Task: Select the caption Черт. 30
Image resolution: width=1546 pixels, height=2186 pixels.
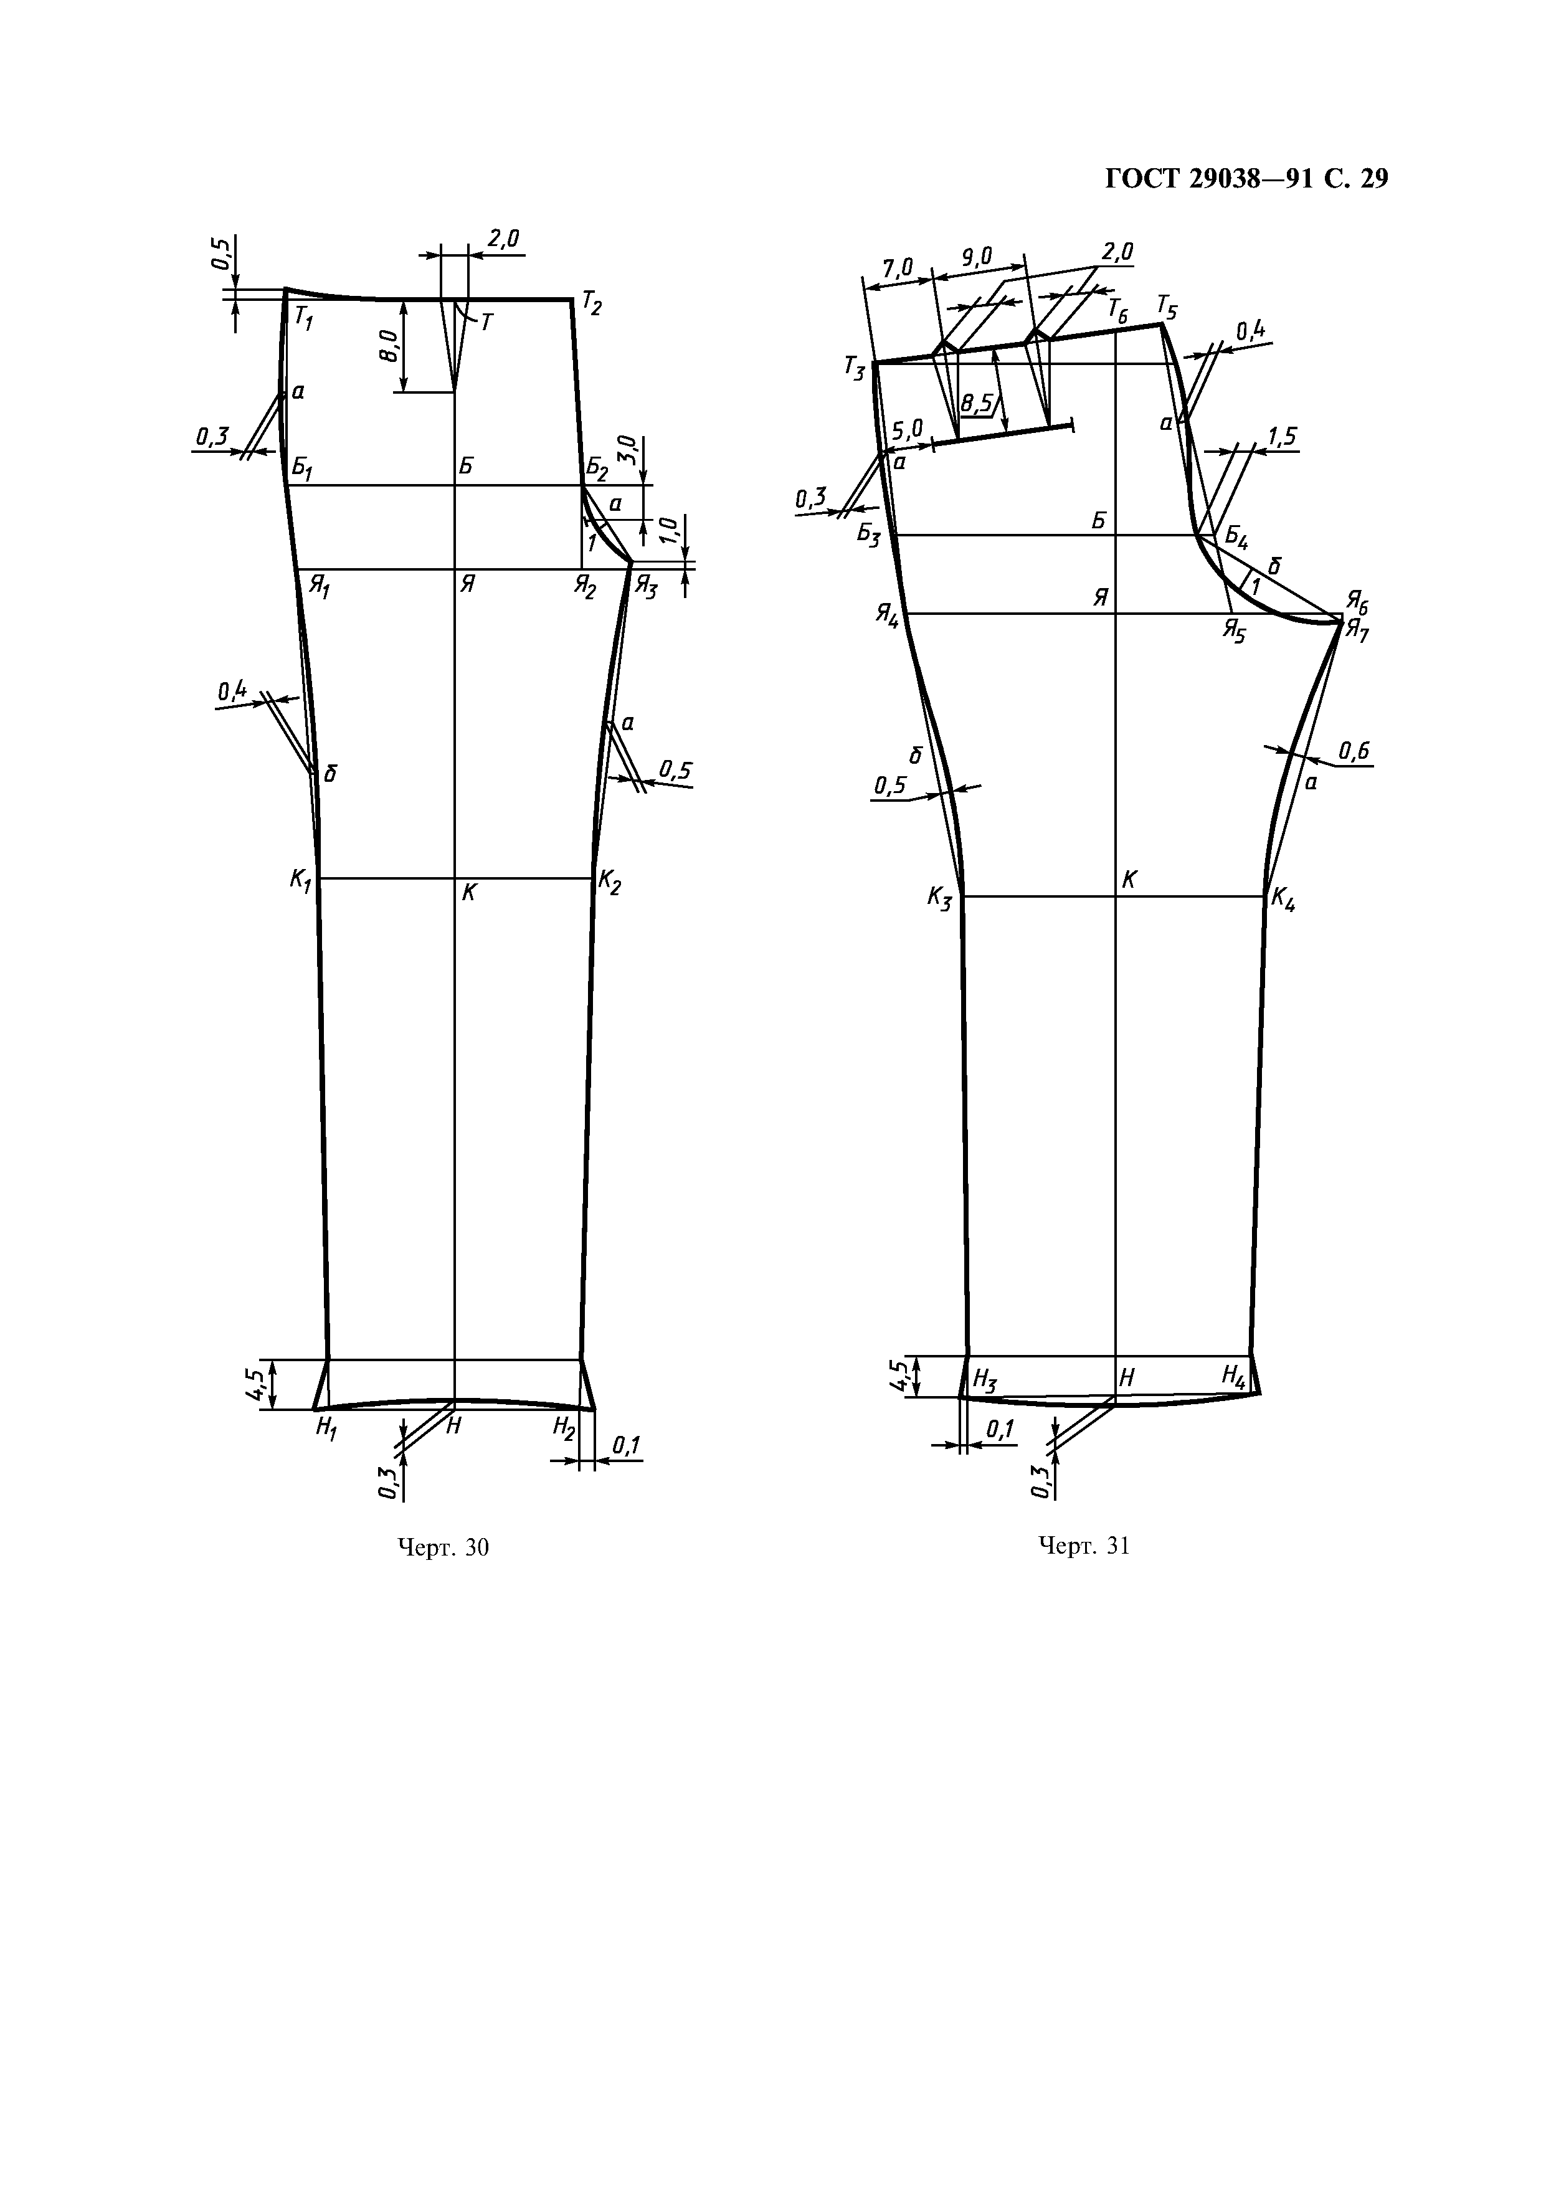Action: coord(443,1547)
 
